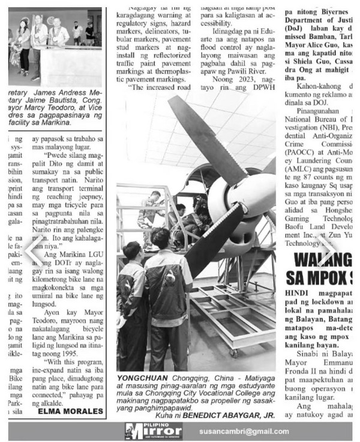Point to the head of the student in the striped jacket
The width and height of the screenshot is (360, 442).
pos(160,238)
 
